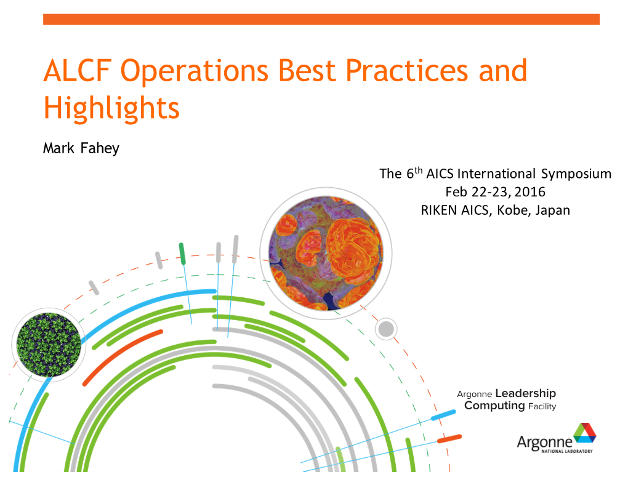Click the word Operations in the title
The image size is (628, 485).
click(195, 71)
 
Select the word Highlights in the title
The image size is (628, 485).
click(111, 108)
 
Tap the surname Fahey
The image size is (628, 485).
click(100, 148)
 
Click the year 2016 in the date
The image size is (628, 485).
click(530, 192)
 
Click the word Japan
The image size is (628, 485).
click(553, 210)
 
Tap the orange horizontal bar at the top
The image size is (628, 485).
click(321, 19)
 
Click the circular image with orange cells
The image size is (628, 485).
click(326, 254)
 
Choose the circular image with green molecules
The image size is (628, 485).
click(49, 345)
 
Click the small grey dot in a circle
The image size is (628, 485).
click(386, 329)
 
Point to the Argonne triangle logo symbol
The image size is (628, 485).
click(585, 433)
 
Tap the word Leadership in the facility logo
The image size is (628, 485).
click(525, 393)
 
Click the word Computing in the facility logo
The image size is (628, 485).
click(494, 406)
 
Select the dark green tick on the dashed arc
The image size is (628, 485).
click(182, 254)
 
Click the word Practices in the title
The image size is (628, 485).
click(407, 71)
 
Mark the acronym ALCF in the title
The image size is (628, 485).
click(78, 71)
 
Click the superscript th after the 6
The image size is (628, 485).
click(419, 170)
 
